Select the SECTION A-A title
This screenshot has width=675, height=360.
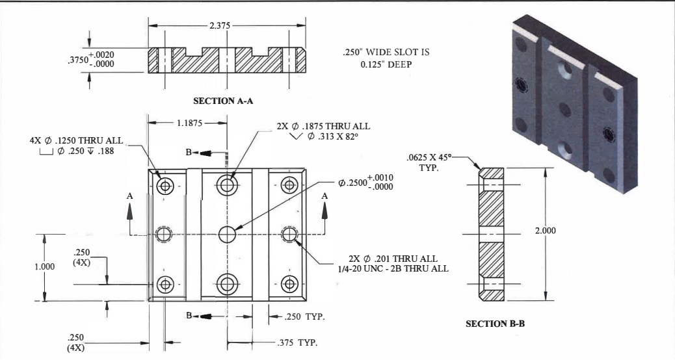tap(224, 101)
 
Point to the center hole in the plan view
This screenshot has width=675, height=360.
tap(227, 233)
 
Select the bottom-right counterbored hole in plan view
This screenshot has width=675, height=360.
tap(289, 283)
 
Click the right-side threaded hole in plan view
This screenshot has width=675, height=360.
tap(289, 233)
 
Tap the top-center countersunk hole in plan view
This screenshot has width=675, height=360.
tap(227, 185)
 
